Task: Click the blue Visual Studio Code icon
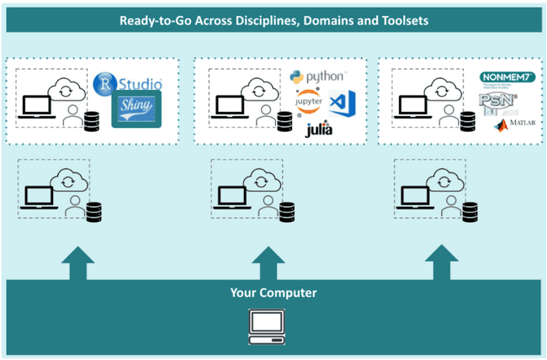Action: point(339,103)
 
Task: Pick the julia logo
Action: point(318,130)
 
